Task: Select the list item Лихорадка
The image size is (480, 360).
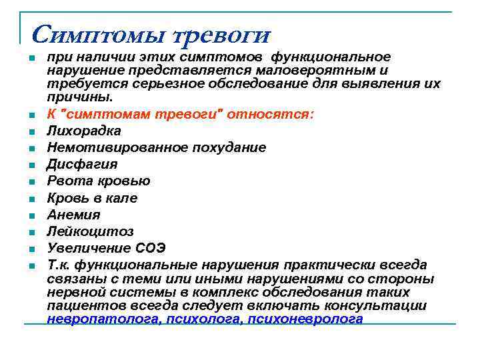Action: [84, 131]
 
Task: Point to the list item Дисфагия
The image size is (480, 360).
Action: [82, 164]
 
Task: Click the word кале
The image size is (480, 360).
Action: [121, 198]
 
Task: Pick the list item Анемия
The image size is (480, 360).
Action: [73, 215]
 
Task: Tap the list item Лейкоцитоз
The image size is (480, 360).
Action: [90, 231]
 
